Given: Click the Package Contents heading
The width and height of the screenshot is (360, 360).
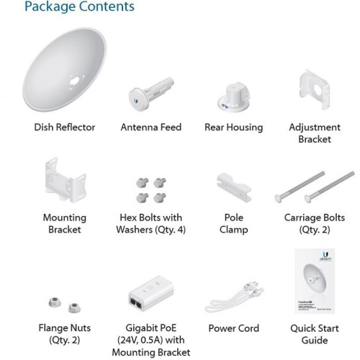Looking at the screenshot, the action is (79, 6).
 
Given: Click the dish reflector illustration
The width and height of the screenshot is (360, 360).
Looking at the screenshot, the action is (64, 70).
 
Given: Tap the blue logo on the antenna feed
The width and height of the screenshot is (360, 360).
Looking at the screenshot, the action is (136, 101).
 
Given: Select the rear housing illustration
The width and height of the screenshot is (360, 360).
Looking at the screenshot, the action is (233, 96).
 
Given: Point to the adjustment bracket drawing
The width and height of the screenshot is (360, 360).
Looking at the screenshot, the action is (315, 89).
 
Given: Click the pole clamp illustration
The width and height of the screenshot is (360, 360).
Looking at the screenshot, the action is (234, 187).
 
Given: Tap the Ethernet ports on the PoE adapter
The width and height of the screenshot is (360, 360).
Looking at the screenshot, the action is (136, 303).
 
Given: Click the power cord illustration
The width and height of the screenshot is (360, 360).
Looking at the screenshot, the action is (234, 297).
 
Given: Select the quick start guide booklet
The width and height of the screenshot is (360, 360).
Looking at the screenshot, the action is (315, 281).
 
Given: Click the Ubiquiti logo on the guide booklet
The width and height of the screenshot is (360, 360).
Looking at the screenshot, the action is (325, 256).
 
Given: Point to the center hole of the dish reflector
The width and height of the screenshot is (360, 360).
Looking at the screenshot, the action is (75, 81).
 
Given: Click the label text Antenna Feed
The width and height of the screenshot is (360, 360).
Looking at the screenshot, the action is (151, 127).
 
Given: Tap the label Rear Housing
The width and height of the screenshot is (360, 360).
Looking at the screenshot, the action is (234, 127).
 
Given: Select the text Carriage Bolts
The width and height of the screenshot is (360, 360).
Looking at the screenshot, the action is (315, 217).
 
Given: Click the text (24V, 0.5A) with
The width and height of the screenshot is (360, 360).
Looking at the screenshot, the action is (151, 340).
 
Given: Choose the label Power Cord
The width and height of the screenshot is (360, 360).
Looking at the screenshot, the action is (234, 328).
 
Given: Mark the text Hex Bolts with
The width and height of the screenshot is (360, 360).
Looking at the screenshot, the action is (151, 217).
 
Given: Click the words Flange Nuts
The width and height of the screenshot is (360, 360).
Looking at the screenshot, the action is (65, 328).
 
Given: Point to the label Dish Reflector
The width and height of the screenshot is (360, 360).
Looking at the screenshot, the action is (65, 127).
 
